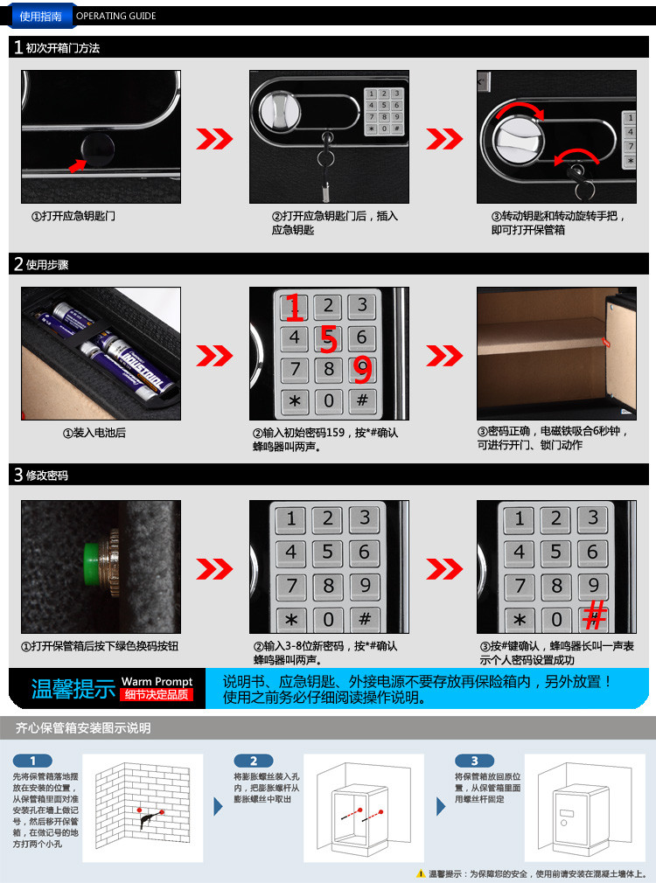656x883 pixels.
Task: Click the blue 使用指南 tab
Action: click(x=40, y=16)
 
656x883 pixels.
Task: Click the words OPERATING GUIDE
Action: click(x=116, y=16)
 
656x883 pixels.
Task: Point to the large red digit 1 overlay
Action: click(x=294, y=308)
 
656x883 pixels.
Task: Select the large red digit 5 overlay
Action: click(x=329, y=339)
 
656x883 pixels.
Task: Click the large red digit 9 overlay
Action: click(x=363, y=370)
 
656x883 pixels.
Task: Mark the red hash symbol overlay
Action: click(x=595, y=615)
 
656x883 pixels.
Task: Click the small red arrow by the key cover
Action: click(x=77, y=165)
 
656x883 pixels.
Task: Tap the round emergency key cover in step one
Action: click(x=97, y=149)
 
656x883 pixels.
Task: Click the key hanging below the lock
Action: click(x=326, y=167)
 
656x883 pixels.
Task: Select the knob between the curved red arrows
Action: click(x=518, y=140)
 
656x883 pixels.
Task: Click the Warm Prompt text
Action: click(x=157, y=681)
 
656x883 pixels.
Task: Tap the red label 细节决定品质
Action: click(x=157, y=695)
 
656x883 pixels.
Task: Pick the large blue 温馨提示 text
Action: click(x=73, y=689)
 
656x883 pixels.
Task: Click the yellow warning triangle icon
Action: click(x=421, y=873)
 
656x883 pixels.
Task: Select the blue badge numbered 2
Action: click(x=254, y=761)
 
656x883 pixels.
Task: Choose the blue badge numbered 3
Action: click(x=475, y=761)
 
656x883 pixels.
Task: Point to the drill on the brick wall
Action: click(x=150, y=815)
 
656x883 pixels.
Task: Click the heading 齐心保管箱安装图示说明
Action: click(x=83, y=728)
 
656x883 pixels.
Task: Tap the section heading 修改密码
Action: click(x=46, y=476)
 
